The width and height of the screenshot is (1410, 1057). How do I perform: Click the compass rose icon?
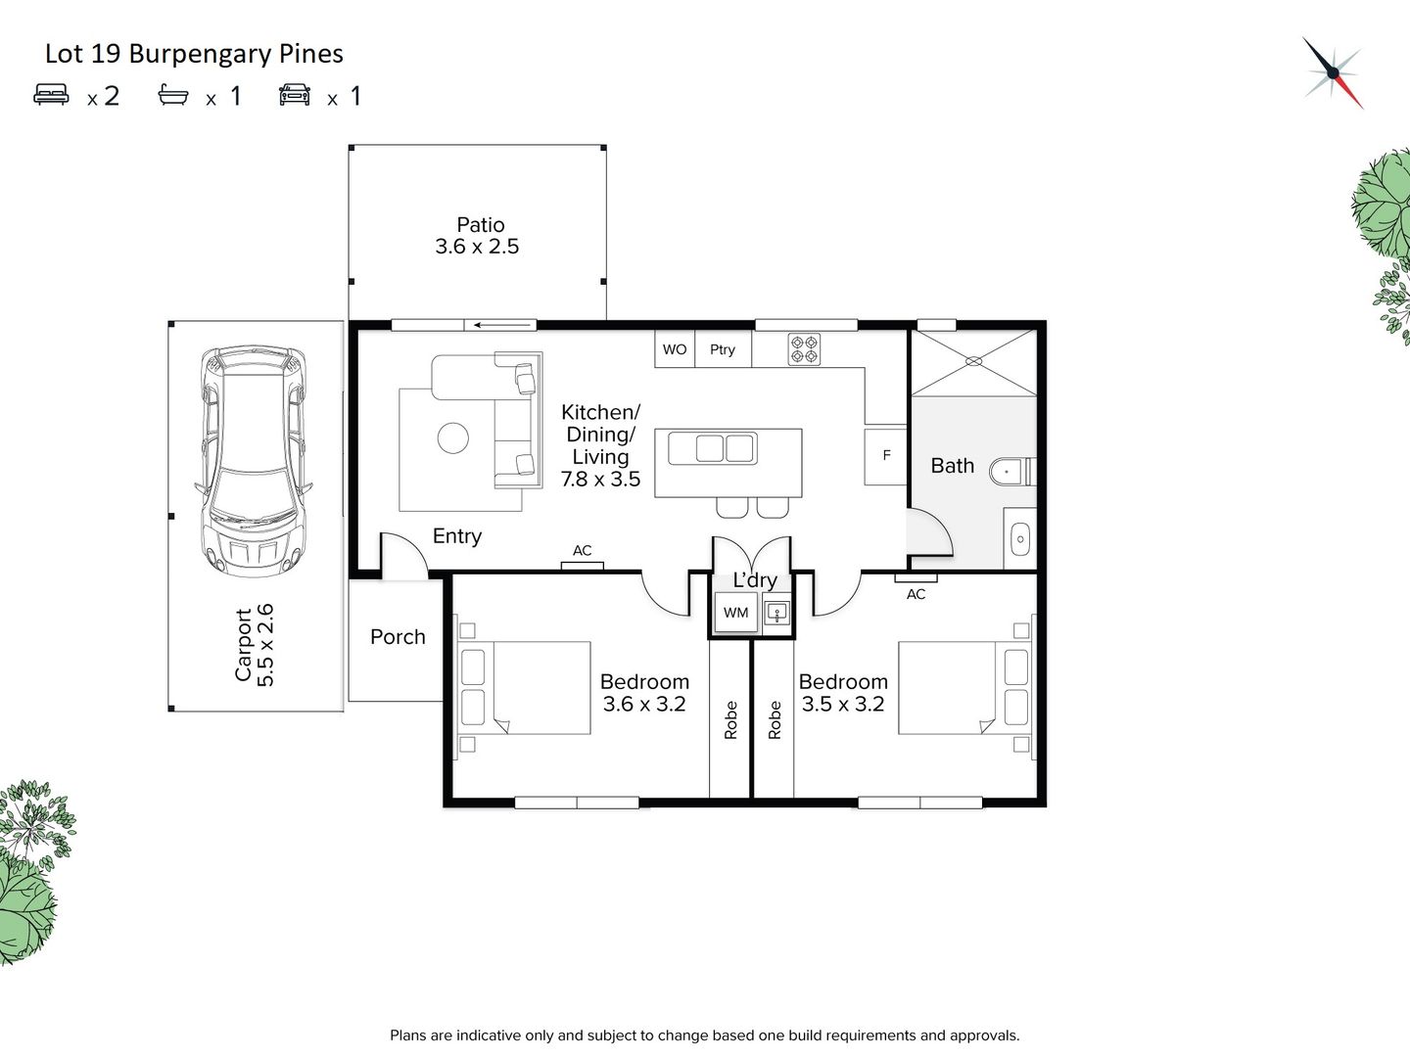pyautogui.click(x=1334, y=72)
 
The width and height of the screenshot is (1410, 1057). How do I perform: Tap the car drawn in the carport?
pyautogui.click(x=254, y=461)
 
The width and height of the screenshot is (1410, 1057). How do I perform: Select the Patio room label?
pyautogui.click(x=480, y=225)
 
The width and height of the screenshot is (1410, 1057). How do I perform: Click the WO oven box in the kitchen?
pyautogui.click(x=675, y=349)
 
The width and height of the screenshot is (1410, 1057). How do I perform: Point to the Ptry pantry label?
pyautogui.click(x=722, y=349)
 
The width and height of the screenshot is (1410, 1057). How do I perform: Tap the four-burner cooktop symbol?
pyautogui.click(x=804, y=349)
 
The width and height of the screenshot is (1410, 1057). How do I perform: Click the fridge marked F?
pyautogui.click(x=886, y=456)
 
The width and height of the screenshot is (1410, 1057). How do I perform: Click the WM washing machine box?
pyautogui.click(x=735, y=613)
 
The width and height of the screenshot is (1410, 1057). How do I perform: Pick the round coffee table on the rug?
pyautogui.click(x=453, y=438)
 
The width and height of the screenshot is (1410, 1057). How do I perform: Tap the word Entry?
pyautogui.click(x=456, y=536)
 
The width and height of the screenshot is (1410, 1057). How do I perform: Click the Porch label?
pyautogui.click(x=398, y=636)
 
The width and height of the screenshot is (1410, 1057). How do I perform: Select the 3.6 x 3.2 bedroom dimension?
pyautogui.click(x=644, y=704)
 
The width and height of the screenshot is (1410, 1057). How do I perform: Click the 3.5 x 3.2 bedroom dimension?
pyautogui.click(x=843, y=704)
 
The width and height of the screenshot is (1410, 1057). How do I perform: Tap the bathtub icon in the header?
pyautogui.click(x=172, y=95)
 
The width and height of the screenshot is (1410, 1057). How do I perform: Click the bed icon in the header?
pyautogui.click(x=51, y=94)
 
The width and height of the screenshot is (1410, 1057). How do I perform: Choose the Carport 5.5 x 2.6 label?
pyautogui.click(x=255, y=644)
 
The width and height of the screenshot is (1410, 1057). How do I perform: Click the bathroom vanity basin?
pyautogui.click(x=1020, y=539)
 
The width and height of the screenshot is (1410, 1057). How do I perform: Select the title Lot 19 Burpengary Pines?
pyautogui.click(x=194, y=54)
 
